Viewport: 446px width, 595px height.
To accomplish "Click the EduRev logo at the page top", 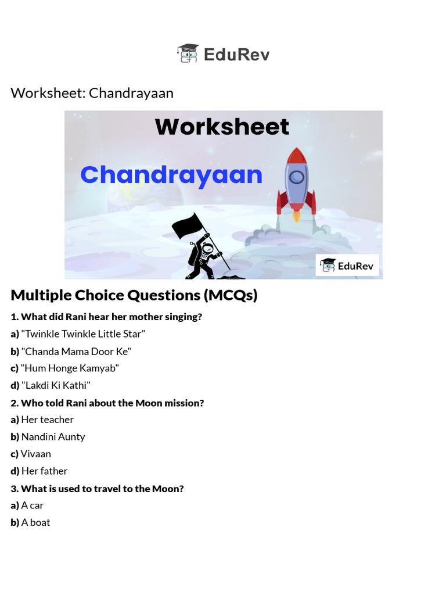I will (223, 54).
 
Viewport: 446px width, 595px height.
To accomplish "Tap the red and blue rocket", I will (296, 181).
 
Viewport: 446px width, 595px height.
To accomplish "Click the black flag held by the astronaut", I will (188, 225).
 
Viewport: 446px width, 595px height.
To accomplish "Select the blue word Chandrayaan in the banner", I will (171, 175).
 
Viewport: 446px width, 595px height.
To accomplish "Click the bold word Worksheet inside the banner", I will (222, 127).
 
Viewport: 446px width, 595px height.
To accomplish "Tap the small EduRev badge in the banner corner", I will (347, 266).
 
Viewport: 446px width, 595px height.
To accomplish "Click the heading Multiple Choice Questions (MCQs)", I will (134, 295).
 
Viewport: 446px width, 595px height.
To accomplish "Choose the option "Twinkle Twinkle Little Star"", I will (82, 334).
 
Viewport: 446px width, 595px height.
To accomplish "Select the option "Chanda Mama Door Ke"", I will (76, 351).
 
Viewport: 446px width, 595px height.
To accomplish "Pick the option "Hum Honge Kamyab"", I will (70, 368).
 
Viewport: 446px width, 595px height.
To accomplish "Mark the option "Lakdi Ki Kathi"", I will (56, 385).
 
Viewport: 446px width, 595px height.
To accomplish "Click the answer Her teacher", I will (47, 420).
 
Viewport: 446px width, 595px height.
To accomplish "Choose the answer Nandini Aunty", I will (53, 436).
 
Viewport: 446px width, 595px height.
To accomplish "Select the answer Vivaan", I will (35, 454).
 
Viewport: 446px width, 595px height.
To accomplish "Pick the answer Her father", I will (44, 471).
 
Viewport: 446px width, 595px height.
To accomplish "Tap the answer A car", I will (32, 506).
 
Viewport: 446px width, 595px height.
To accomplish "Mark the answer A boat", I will (35, 522).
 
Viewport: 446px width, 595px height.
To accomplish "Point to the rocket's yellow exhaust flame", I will (296, 217).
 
